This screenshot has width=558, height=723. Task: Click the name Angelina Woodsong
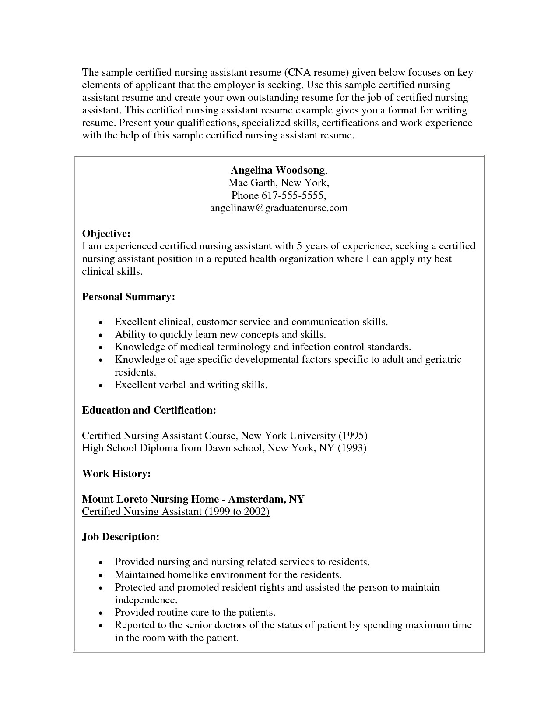pos(278,170)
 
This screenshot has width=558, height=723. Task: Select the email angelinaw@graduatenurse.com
pos(279,208)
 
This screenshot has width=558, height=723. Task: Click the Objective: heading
pos(106,234)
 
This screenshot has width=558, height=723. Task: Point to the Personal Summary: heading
pos(129,297)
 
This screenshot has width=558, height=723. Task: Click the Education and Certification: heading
pos(149,411)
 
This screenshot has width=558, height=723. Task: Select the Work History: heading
pos(116,474)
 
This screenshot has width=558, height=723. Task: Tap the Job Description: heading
pos(121,537)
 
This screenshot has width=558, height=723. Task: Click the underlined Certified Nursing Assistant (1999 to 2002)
pos(176,511)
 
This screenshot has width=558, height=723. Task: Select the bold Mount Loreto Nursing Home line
pos(193,499)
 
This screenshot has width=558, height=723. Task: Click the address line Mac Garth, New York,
pos(278,183)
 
